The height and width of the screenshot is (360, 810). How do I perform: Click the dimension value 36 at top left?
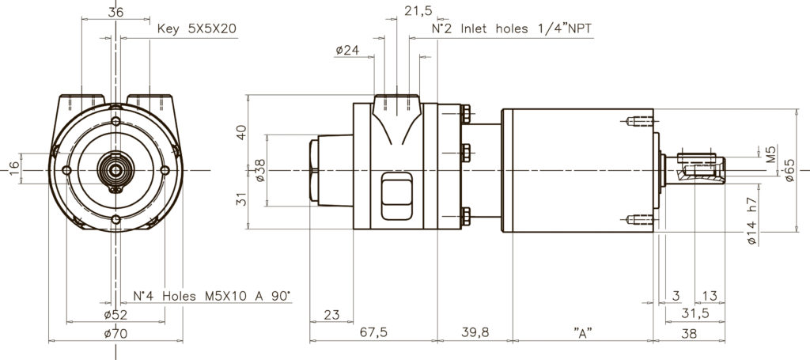click(115, 13)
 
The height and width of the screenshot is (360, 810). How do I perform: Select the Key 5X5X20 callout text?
click(198, 29)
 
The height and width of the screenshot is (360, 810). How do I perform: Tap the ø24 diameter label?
click(346, 50)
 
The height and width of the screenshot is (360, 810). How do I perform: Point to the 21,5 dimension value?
click(418, 10)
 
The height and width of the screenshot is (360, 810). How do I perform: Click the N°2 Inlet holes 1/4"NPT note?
click(512, 29)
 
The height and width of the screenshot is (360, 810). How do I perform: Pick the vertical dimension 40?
click(243, 131)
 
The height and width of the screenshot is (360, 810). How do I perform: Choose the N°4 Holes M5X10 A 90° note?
click(211, 296)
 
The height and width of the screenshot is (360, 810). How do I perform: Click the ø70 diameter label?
click(116, 334)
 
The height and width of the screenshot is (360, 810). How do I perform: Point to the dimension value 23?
click(333, 315)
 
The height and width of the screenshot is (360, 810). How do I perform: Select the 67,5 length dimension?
click(373, 333)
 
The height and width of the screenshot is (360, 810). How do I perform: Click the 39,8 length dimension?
click(475, 333)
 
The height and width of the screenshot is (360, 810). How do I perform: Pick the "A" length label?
click(583, 333)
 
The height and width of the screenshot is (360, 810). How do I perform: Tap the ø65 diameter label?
click(790, 169)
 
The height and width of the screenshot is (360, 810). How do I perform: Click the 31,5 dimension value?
click(695, 315)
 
